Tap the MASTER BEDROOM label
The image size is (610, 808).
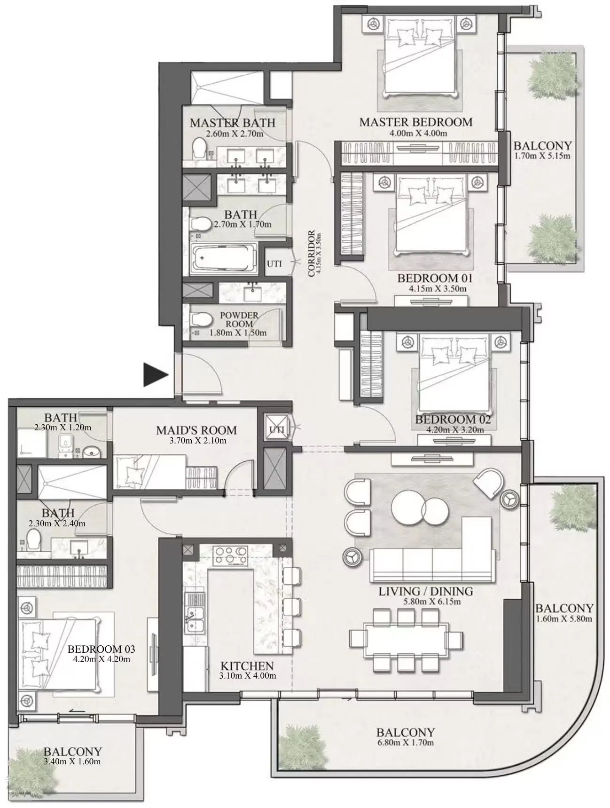416,122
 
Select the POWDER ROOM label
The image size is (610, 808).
239,319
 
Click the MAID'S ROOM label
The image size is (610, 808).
196,430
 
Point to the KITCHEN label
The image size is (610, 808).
247,666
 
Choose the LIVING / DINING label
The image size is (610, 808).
426,591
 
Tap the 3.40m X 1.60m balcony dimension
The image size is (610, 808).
72,761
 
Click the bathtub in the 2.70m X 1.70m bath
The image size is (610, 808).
224,258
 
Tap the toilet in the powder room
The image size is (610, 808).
200,321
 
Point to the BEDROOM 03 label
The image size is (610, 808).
102,649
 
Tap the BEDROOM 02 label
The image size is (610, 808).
453,419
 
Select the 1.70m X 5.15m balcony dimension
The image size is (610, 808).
542,156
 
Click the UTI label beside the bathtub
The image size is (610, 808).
274,264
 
